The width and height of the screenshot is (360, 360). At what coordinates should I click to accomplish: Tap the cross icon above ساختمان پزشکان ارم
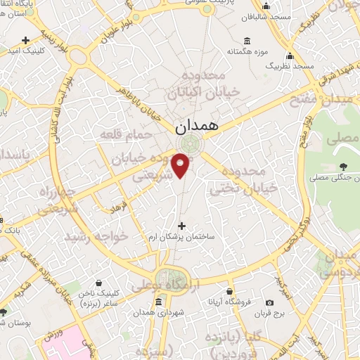tap(183, 226)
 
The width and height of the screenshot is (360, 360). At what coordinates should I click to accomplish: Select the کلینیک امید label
tap(27, 51)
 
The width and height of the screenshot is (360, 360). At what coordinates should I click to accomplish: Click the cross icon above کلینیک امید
tap(27, 39)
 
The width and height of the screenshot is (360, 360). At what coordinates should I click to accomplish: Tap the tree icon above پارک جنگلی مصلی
tap(342, 167)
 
